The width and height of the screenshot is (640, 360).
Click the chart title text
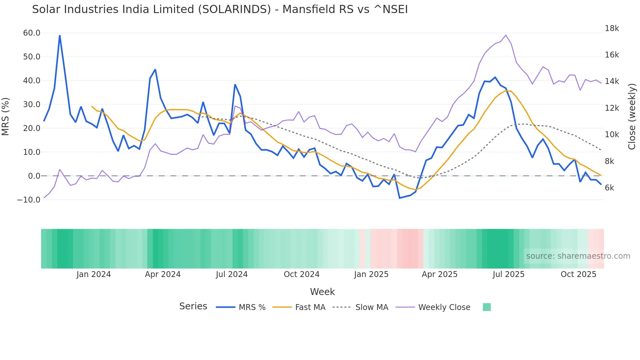(220, 9)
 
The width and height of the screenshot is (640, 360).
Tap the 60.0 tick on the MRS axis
(32, 33)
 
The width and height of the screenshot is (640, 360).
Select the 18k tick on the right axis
(612, 28)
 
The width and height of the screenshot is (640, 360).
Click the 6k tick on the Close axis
(609, 188)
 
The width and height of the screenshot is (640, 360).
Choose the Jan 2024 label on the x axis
(94, 274)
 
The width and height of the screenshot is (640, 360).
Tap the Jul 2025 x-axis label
(508, 274)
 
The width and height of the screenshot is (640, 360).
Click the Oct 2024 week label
(301, 274)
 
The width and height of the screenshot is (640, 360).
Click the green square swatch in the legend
(487, 307)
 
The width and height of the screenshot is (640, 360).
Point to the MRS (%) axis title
(6, 117)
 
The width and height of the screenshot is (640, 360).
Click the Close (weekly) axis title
(632, 117)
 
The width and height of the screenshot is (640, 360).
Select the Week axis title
(322, 292)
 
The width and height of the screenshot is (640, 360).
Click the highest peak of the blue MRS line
(60, 36)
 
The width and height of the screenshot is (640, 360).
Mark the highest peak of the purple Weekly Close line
(506, 35)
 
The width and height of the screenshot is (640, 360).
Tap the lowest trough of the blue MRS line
(399, 198)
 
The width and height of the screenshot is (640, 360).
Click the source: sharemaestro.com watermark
(578, 256)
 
